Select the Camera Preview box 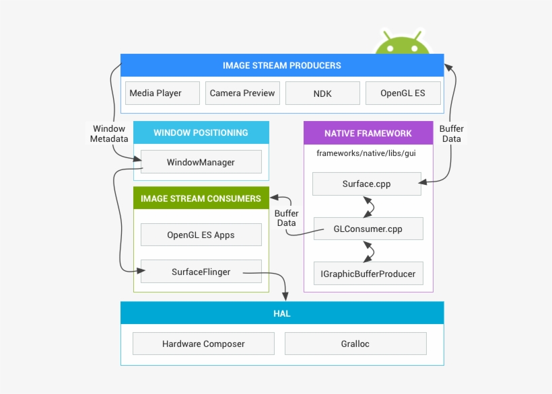[x=242, y=93]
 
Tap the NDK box [x=322, y=93]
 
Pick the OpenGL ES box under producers [x=403, y=93]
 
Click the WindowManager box [x=201, y=162]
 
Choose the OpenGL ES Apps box [x=201, y=235]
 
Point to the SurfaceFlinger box [x=201, y=272]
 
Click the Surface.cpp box [x=366, y=184]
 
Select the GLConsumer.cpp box [x=368, y=229]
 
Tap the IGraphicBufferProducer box [x=368, y=274]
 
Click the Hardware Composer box [x=203, y=344]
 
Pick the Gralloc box [x=355, y=344]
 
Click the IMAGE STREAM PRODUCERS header [x=282, y=65]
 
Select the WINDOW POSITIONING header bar [x=201, y=132]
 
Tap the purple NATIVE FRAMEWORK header [x=368, y=133]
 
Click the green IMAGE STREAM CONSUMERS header [x=201, y=198]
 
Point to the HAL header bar [x=282, y=313]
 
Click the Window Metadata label [x=109, y=134]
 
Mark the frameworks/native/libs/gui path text [x=366, y=153]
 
